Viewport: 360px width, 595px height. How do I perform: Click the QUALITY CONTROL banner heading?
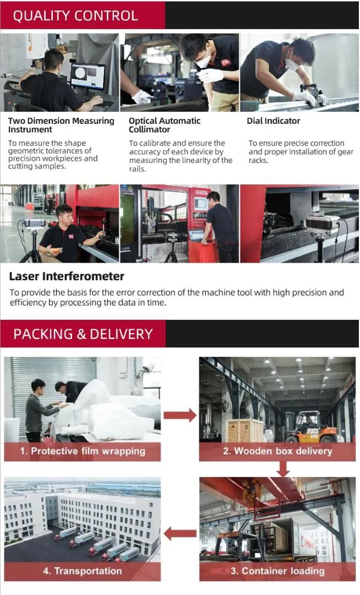[75, 15]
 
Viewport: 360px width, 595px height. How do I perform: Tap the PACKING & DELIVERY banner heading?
[83, 334]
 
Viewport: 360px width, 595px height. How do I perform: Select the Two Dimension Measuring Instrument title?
[61, 125]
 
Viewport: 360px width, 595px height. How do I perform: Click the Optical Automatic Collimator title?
[164, 125]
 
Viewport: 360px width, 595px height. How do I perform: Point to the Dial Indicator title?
[274, 121]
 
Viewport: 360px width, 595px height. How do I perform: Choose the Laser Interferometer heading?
[67, 276]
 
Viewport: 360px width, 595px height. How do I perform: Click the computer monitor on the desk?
[88, 77]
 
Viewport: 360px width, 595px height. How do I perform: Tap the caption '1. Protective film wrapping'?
[83, 451]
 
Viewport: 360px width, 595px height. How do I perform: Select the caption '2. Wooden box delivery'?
[277, 451]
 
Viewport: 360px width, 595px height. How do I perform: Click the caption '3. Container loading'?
[277, 571]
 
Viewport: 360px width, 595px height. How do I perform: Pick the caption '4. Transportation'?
[83, 571]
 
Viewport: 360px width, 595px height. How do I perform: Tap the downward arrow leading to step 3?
[283, 469]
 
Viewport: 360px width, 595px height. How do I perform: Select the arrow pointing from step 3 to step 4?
[180, 533]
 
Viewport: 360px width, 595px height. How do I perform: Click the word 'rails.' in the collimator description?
[138, 169]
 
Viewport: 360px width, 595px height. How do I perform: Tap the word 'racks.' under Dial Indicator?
[259, 160]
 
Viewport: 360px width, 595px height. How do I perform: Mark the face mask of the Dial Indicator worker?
[292, 64]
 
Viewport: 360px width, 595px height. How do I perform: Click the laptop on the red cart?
[196, 235]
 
